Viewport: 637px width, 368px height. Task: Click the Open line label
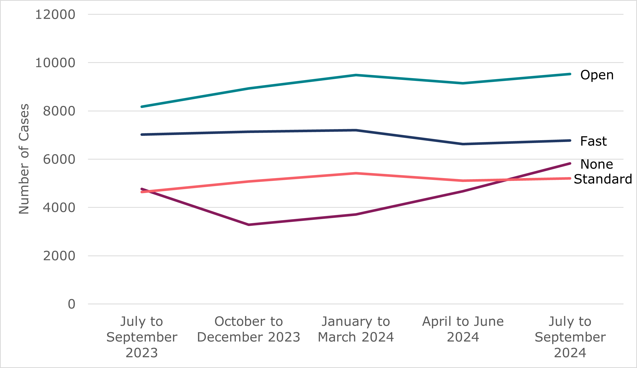click(x=597, y=75)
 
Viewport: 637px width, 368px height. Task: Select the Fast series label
click(x=593, y=141)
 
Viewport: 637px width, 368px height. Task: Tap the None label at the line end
click(x=597, y=164)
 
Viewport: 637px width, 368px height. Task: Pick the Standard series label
click(x=603, y=179)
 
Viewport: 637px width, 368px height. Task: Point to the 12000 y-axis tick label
click(x=55, y=14)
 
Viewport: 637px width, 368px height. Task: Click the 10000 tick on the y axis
click(x=55, y=63)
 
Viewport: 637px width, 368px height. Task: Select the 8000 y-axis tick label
click(x=59, y=111)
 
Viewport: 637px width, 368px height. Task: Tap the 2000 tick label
click(x=59, y=256)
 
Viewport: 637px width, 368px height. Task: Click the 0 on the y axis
click(x=71, y=304)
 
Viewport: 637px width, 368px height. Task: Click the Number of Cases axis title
click(x=24, y=159)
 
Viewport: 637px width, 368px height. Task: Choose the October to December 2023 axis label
click(x=249, y=329)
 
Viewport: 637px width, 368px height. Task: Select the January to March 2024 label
click(x=356, y=329)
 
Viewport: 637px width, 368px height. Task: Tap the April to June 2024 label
click(x=463, y=329)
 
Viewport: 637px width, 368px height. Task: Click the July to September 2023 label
click(x=142, y=337)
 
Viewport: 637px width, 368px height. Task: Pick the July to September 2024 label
click(x=570, y=337)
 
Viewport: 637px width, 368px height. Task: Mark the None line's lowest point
click(x=249, y=225)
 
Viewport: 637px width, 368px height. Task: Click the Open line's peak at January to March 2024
click(x=356, y=75)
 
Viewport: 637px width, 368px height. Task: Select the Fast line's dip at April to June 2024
click(x=463, y=144)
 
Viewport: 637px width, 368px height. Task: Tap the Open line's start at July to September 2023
click(x=142, y=107)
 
